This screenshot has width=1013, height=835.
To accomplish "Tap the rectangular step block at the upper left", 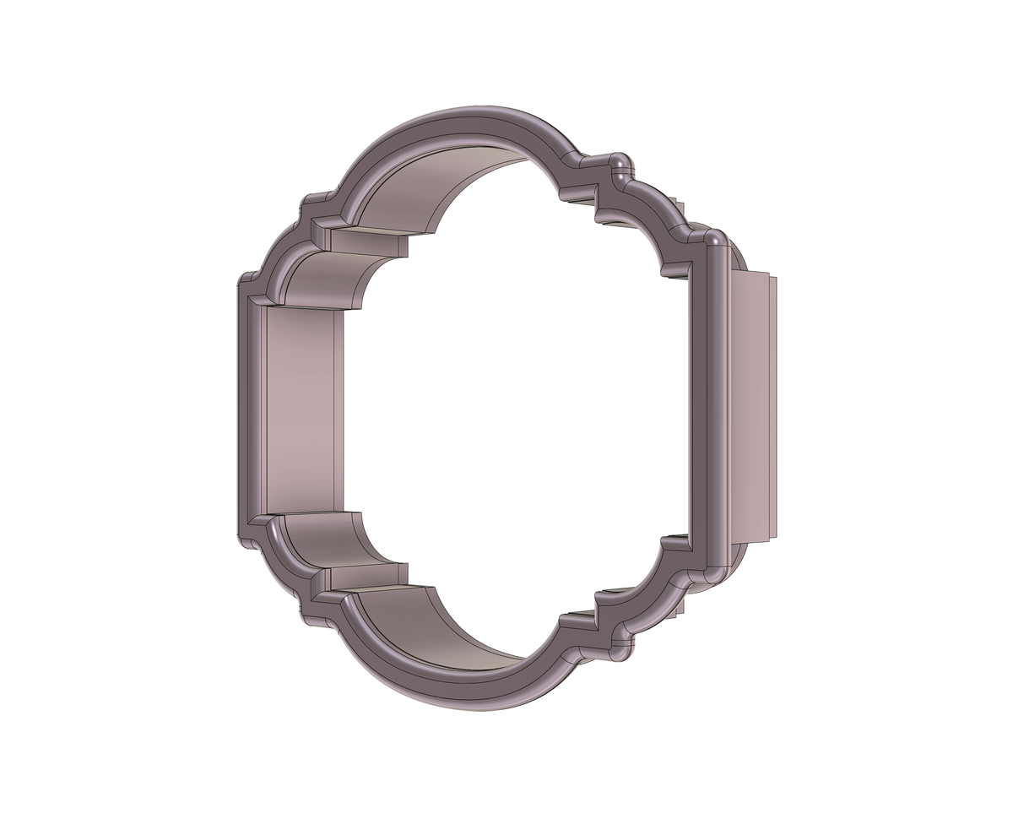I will tap(363, 241).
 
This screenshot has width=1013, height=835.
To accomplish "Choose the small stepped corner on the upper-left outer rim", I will tap(312, 203).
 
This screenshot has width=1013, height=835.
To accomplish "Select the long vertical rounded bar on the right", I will tap(714, 405).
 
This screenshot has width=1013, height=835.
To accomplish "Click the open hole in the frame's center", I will tap(515, 405).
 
